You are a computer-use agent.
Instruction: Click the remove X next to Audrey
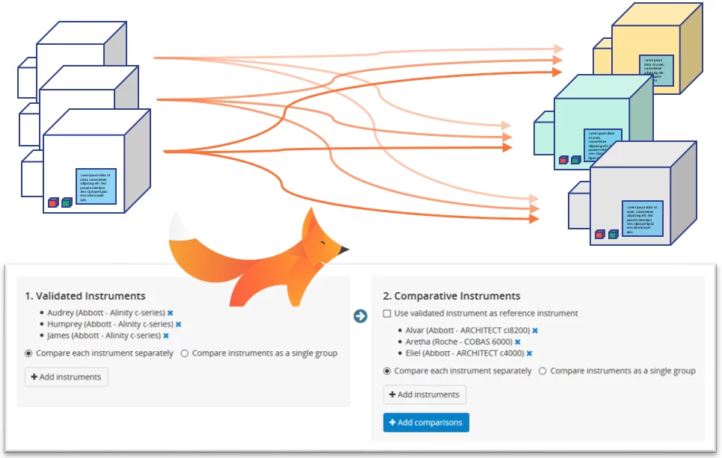(170, 313)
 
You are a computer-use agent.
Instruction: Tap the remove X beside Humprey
(178, 324)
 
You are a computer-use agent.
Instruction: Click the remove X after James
(166, 336)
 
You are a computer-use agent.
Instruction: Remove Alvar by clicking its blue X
(535, 330)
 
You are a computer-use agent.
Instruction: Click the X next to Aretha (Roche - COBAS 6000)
(518, 341)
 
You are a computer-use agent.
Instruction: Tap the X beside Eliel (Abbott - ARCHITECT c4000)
(529, 353)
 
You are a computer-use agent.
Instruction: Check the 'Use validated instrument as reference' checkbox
(387, 314)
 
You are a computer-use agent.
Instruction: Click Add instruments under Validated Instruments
(67, 377)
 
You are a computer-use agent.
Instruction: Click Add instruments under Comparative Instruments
(425, 394)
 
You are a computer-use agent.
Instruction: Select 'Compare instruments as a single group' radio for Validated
(184, 353)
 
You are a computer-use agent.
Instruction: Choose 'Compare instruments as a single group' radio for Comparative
(542, 371)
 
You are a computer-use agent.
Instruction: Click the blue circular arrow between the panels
(360, 316)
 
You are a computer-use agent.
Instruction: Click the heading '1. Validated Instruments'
(85, 297)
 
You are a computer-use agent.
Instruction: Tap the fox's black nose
(345, 250)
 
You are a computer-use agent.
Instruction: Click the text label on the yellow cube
(657, 70)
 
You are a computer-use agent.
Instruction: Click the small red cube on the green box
(563, 160)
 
